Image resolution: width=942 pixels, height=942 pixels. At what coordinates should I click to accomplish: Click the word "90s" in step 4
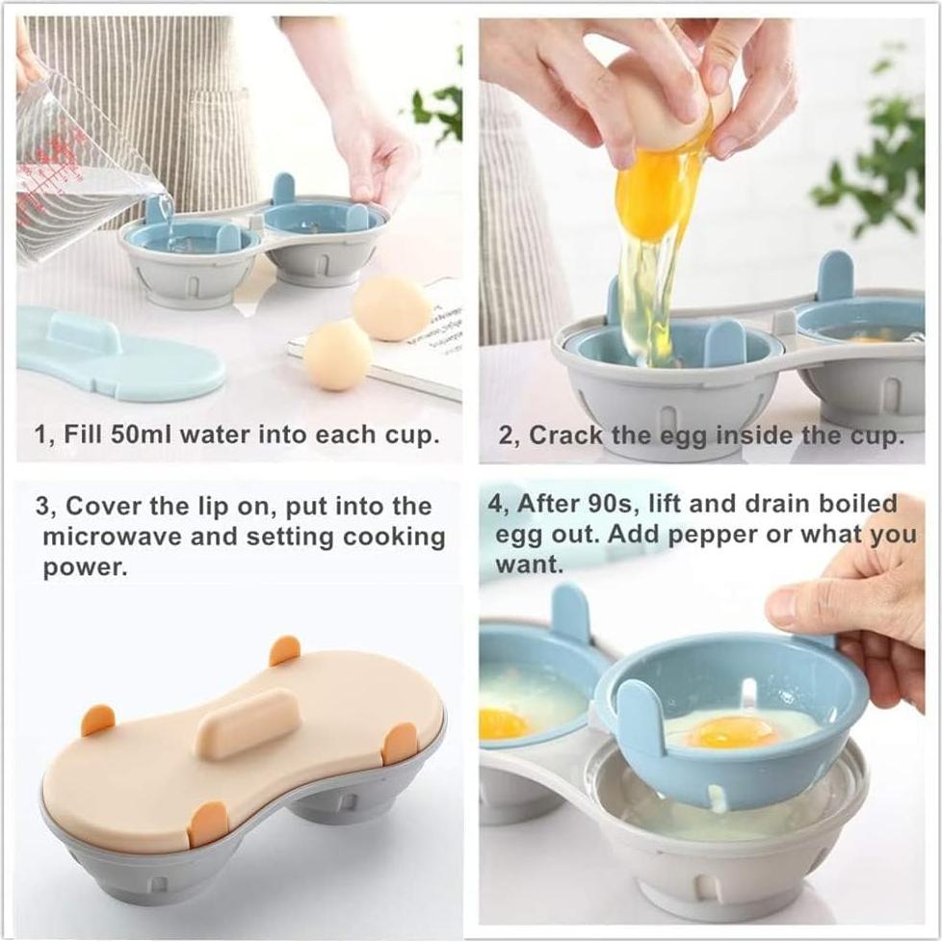pos(613,504)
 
